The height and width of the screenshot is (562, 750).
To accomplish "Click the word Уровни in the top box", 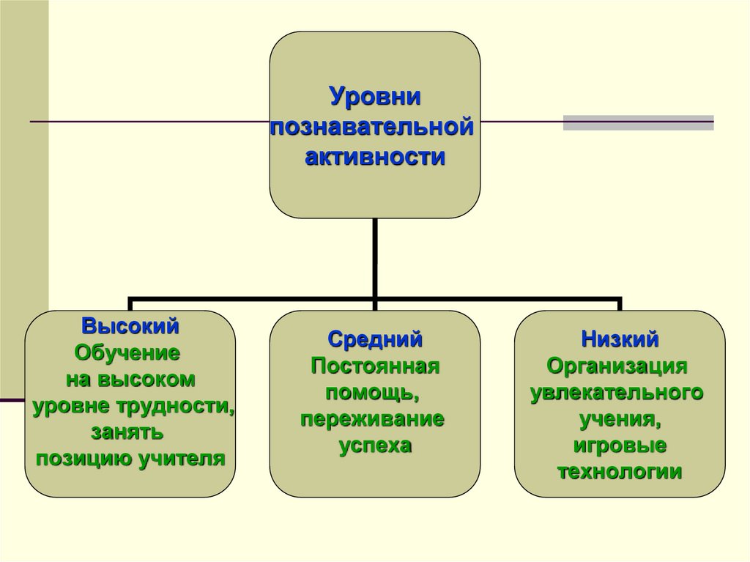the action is [x=376, y=97].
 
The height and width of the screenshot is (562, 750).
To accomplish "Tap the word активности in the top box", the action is [x=375, y=157].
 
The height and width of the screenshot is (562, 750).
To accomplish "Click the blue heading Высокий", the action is [x=130, y=327].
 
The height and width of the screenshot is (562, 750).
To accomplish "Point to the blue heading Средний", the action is [x=375, y=340].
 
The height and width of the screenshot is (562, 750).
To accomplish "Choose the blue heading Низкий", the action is [x=620, y=340].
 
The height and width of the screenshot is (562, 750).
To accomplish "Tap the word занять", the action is [x=127, y=433].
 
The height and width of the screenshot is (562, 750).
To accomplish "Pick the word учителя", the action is [x=182, y=459].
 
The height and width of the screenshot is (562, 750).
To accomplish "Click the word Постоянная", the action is [x=375, y=366].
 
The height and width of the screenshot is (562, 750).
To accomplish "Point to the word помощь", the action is [x=375, y=393].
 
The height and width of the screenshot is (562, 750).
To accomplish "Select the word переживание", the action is [x=373, y=420].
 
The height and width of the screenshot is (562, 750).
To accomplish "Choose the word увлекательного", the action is [x=617, y=393].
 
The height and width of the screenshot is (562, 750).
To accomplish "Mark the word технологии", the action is [x=620, y=472].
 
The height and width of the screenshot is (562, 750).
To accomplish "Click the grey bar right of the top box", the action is [x=639, y=122].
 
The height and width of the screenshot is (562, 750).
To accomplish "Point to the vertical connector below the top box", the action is [x=375, y=258].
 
